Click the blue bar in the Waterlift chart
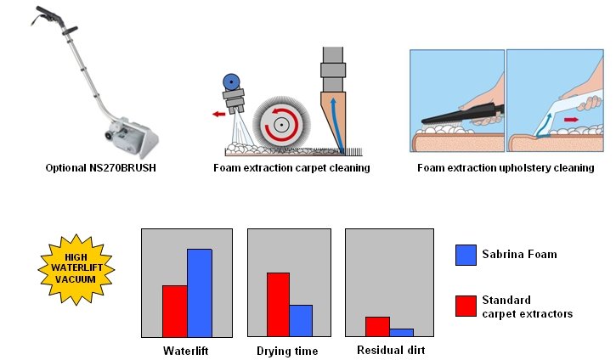200,293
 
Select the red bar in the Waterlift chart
175,311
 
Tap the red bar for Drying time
278,305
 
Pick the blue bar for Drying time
301,321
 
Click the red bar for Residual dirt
377,327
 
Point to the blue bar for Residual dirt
402,333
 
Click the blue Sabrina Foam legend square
466,256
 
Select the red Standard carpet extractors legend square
466,306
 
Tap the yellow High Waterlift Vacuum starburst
76,269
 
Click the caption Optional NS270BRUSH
100,168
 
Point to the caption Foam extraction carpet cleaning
291,168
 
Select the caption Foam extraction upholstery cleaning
506,168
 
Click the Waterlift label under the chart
185,351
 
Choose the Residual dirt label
391,350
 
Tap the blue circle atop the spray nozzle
231,82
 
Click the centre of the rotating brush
281,125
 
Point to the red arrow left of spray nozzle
219,115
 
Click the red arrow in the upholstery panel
571,120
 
